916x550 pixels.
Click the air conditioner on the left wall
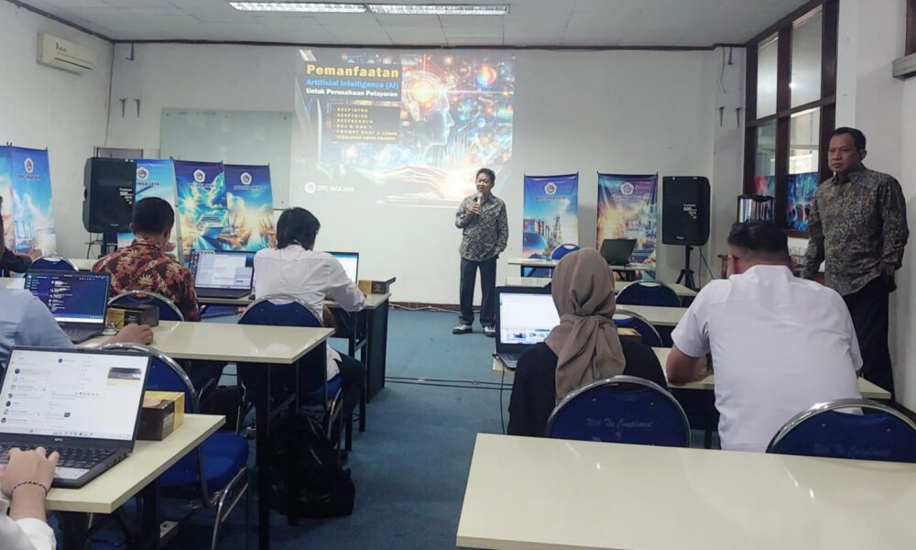tap(66, 53)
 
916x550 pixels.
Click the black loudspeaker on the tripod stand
tap(685, 210)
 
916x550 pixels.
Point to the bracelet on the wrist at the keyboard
tap(28, 487)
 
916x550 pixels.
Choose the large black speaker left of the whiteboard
tap(109, 194)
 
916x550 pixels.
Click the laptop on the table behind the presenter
tap(617, 251)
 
